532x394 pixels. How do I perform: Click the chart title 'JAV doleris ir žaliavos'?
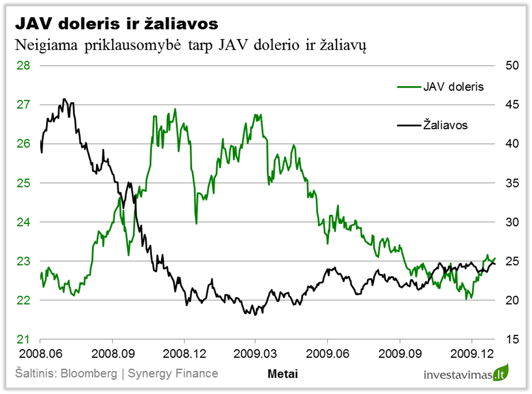pos(117,23)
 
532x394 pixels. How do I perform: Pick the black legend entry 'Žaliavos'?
pos(445,125)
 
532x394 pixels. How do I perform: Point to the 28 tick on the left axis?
pos(23,66)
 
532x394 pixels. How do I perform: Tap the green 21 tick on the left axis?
pos(23,339)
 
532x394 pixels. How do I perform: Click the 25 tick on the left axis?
pos(23,183)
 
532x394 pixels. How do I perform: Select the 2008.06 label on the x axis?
pos(40,355)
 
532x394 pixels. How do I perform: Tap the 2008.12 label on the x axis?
pos(184,355)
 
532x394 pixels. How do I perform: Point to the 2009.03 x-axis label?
pos(255,355)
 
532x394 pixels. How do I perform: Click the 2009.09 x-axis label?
pos(399,355)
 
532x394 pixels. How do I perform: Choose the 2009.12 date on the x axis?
pos(472,355)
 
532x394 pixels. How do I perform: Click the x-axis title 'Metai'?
pos(283,374)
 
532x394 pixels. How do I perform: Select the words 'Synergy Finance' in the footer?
pos(173,373)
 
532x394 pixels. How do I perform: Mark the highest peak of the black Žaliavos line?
pos(64,99)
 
